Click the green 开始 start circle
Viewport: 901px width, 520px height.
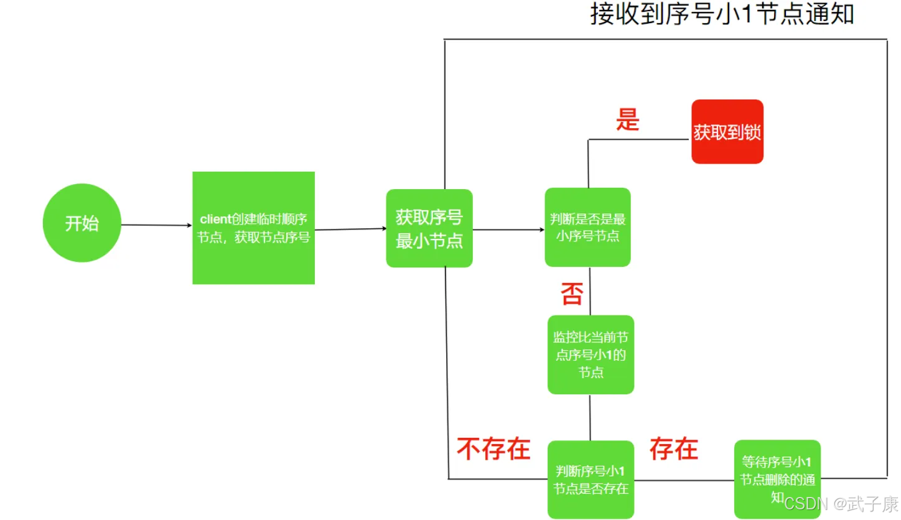click(82, 223)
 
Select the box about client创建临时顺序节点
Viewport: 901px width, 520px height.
click(253, 228)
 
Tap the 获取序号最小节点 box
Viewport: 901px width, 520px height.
click(429, 228)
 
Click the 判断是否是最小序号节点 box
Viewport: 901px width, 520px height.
click(587, 227)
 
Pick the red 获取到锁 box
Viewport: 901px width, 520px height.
click(727, 131)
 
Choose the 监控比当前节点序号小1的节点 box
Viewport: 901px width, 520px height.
click(591, 355)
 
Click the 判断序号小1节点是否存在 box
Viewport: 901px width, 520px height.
click(591, 480)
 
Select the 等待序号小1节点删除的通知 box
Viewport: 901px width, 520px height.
click(777, 479)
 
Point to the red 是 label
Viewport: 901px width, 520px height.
click(627, 119)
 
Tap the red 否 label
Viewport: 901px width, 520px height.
click(572, 294)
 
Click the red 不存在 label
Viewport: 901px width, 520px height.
click(493, 449)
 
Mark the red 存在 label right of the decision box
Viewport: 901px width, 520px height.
click(674, 449)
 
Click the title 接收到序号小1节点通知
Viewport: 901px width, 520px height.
click(722, 14)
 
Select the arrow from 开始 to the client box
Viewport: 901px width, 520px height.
click(157, 225)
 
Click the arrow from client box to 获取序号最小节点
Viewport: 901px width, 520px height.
click(350, 230)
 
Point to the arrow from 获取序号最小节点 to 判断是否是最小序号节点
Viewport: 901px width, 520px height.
click(508, 230)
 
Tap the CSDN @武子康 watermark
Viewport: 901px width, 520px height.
click(841, 503)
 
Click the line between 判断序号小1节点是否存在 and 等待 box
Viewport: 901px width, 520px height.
click(684, 480)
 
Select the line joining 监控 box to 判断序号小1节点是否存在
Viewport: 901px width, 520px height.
click(590, 417)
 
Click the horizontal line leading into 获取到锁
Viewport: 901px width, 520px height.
click(639, 139)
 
